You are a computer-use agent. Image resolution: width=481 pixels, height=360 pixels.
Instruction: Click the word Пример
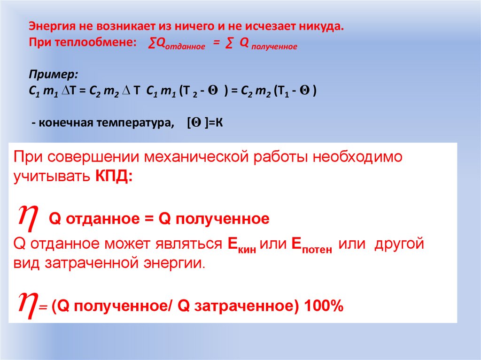(x=54, y=74)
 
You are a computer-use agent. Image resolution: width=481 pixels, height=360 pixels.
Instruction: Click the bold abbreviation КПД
(x=115, y=177)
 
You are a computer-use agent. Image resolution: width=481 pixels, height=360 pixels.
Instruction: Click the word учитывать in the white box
(x=51, y=177)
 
